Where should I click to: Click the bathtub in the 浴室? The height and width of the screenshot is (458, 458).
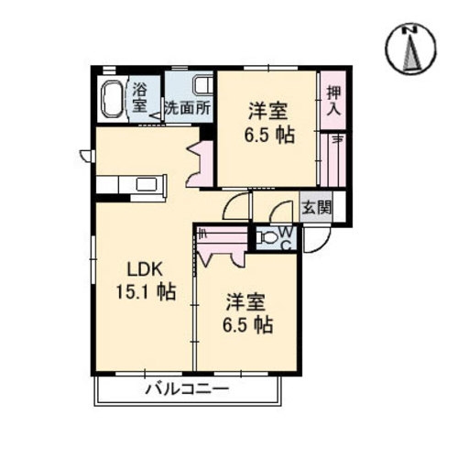click(x=113, y=99)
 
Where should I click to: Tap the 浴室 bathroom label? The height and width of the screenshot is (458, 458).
click(x=140, y=98)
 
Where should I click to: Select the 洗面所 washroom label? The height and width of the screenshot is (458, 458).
click(x=188, y=108)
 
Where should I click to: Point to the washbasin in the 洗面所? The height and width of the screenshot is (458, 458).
click(x=202, y=86)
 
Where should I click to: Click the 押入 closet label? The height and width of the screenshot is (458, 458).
click(x=333, y=101)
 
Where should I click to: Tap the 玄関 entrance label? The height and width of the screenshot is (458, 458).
click(x=316, y=208)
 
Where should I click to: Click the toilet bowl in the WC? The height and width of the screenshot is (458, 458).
click(x=267, y=237)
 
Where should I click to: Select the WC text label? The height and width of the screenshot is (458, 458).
click(x=286, y=238)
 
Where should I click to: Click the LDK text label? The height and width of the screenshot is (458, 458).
click(x=144, y=269)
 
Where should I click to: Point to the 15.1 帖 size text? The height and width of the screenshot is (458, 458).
click(x=146, y=291)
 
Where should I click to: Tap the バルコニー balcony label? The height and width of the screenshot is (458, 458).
click(x=187, y=389)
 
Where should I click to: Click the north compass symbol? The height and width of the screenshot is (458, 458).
click(x=410, y=48)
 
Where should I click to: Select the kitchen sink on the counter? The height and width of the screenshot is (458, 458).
click(x=147, y=184)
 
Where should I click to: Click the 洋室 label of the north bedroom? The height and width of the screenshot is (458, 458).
click(x=268, y=111)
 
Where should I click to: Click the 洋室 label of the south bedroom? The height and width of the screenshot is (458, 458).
click(x=245, y=302)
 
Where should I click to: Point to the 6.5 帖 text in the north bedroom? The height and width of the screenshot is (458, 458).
click(x=269, y=135)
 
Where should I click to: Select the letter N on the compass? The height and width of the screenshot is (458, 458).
click(x=410, y=29)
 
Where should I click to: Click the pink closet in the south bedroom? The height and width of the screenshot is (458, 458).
click(x=222, y=245)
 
